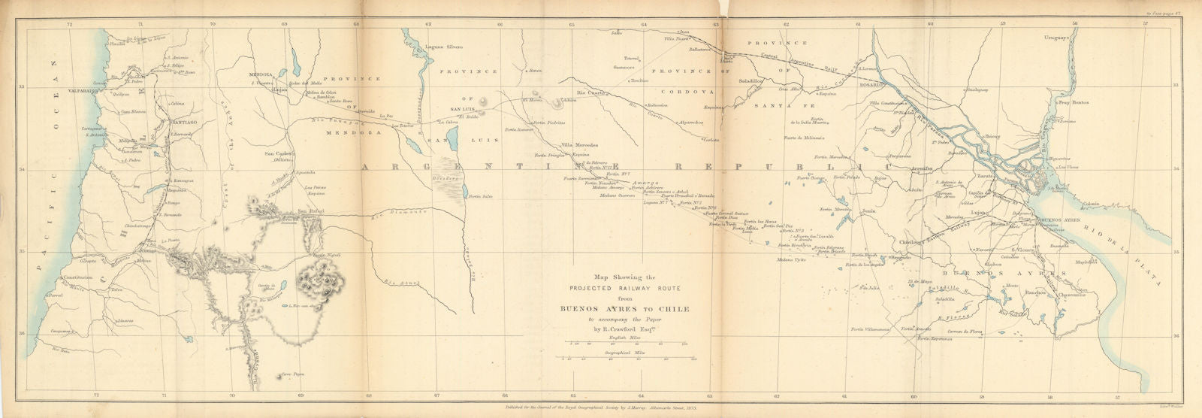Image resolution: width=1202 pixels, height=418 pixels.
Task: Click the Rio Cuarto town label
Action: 591,93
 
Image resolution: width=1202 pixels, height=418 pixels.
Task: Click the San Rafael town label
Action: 311,211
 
